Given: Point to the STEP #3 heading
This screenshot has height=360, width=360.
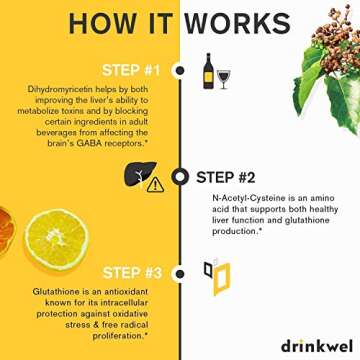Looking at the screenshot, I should point(131,271).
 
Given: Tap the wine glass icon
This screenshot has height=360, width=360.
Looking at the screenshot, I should point(223,76).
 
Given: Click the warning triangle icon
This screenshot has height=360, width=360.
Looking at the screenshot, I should point(155,184).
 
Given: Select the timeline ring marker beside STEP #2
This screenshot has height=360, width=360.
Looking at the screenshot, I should point(180,177).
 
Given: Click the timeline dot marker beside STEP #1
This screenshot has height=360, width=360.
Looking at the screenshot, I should point(180,70).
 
